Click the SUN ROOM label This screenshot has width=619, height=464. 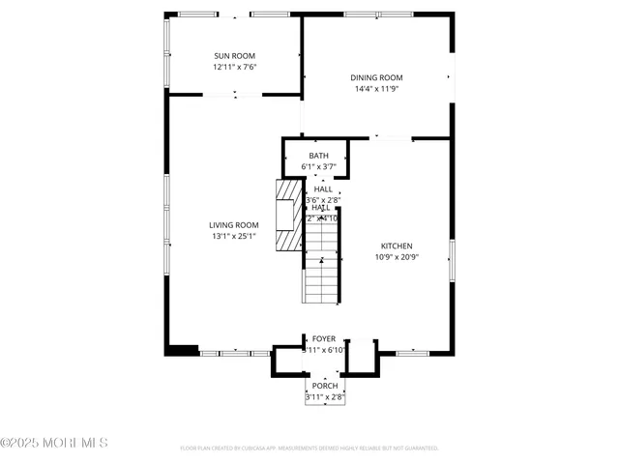pos(234,57)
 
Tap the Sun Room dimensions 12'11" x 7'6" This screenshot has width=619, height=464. pos(234,68)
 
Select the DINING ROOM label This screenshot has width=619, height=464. pos(376,78)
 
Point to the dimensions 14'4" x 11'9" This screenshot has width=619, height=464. pos(376,89)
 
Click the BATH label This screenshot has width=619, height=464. pos(318,156)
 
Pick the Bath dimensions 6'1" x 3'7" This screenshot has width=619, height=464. pos(318,166)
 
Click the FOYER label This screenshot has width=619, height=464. pos(323,339)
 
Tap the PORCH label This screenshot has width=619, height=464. pos(325,386)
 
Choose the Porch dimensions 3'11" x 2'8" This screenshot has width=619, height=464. pos(325,396)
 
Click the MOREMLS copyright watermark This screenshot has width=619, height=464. pos(54,443)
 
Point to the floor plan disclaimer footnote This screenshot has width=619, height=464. pos(309,449)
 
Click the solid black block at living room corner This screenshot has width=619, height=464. pos(182,350)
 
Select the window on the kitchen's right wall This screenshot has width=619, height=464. pos(452,261)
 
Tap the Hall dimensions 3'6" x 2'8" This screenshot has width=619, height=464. pos(322,200)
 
